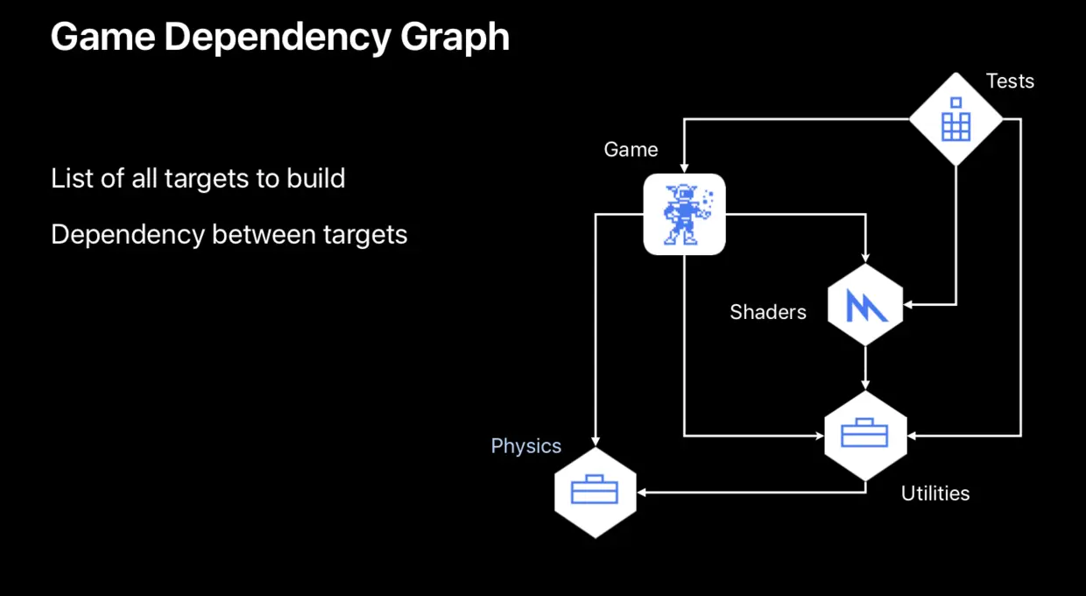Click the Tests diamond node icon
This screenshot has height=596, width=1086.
coord(956,118)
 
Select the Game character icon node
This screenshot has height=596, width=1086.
coord(684,214)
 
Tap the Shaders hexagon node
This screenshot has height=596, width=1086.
coord(865,305)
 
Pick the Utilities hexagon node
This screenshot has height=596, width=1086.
coord(865,436)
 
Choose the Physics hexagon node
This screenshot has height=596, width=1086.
coord(596,492)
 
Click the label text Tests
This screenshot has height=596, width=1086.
coord(1010,81)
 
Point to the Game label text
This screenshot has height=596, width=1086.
coord(631,149)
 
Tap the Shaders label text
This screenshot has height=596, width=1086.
coord(767,312)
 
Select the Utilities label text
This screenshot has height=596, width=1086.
coord(935,493)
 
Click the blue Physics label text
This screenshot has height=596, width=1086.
coord(525,446)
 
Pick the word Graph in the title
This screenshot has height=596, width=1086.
coord(457,37)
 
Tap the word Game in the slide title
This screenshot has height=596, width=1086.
coord(102,37)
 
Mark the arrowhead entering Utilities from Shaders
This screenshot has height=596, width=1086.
coord(865,385)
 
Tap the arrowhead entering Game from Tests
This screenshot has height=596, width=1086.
coord(684,167)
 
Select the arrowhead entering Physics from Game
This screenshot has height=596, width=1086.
coord(596,441)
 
